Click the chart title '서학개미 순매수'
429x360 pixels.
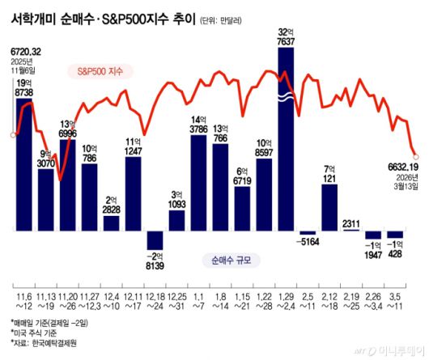tap(61, 15)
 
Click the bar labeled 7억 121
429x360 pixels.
tap(329, 208)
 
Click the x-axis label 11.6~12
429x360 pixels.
tap(23, 302)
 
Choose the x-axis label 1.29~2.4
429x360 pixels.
tap(286, 302)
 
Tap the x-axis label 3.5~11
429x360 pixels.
tap(395, 302)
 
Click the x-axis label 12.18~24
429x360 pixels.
tap(155, 302)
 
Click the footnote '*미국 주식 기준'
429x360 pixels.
tap(37, 332)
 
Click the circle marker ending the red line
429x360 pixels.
tap(416, 154)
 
